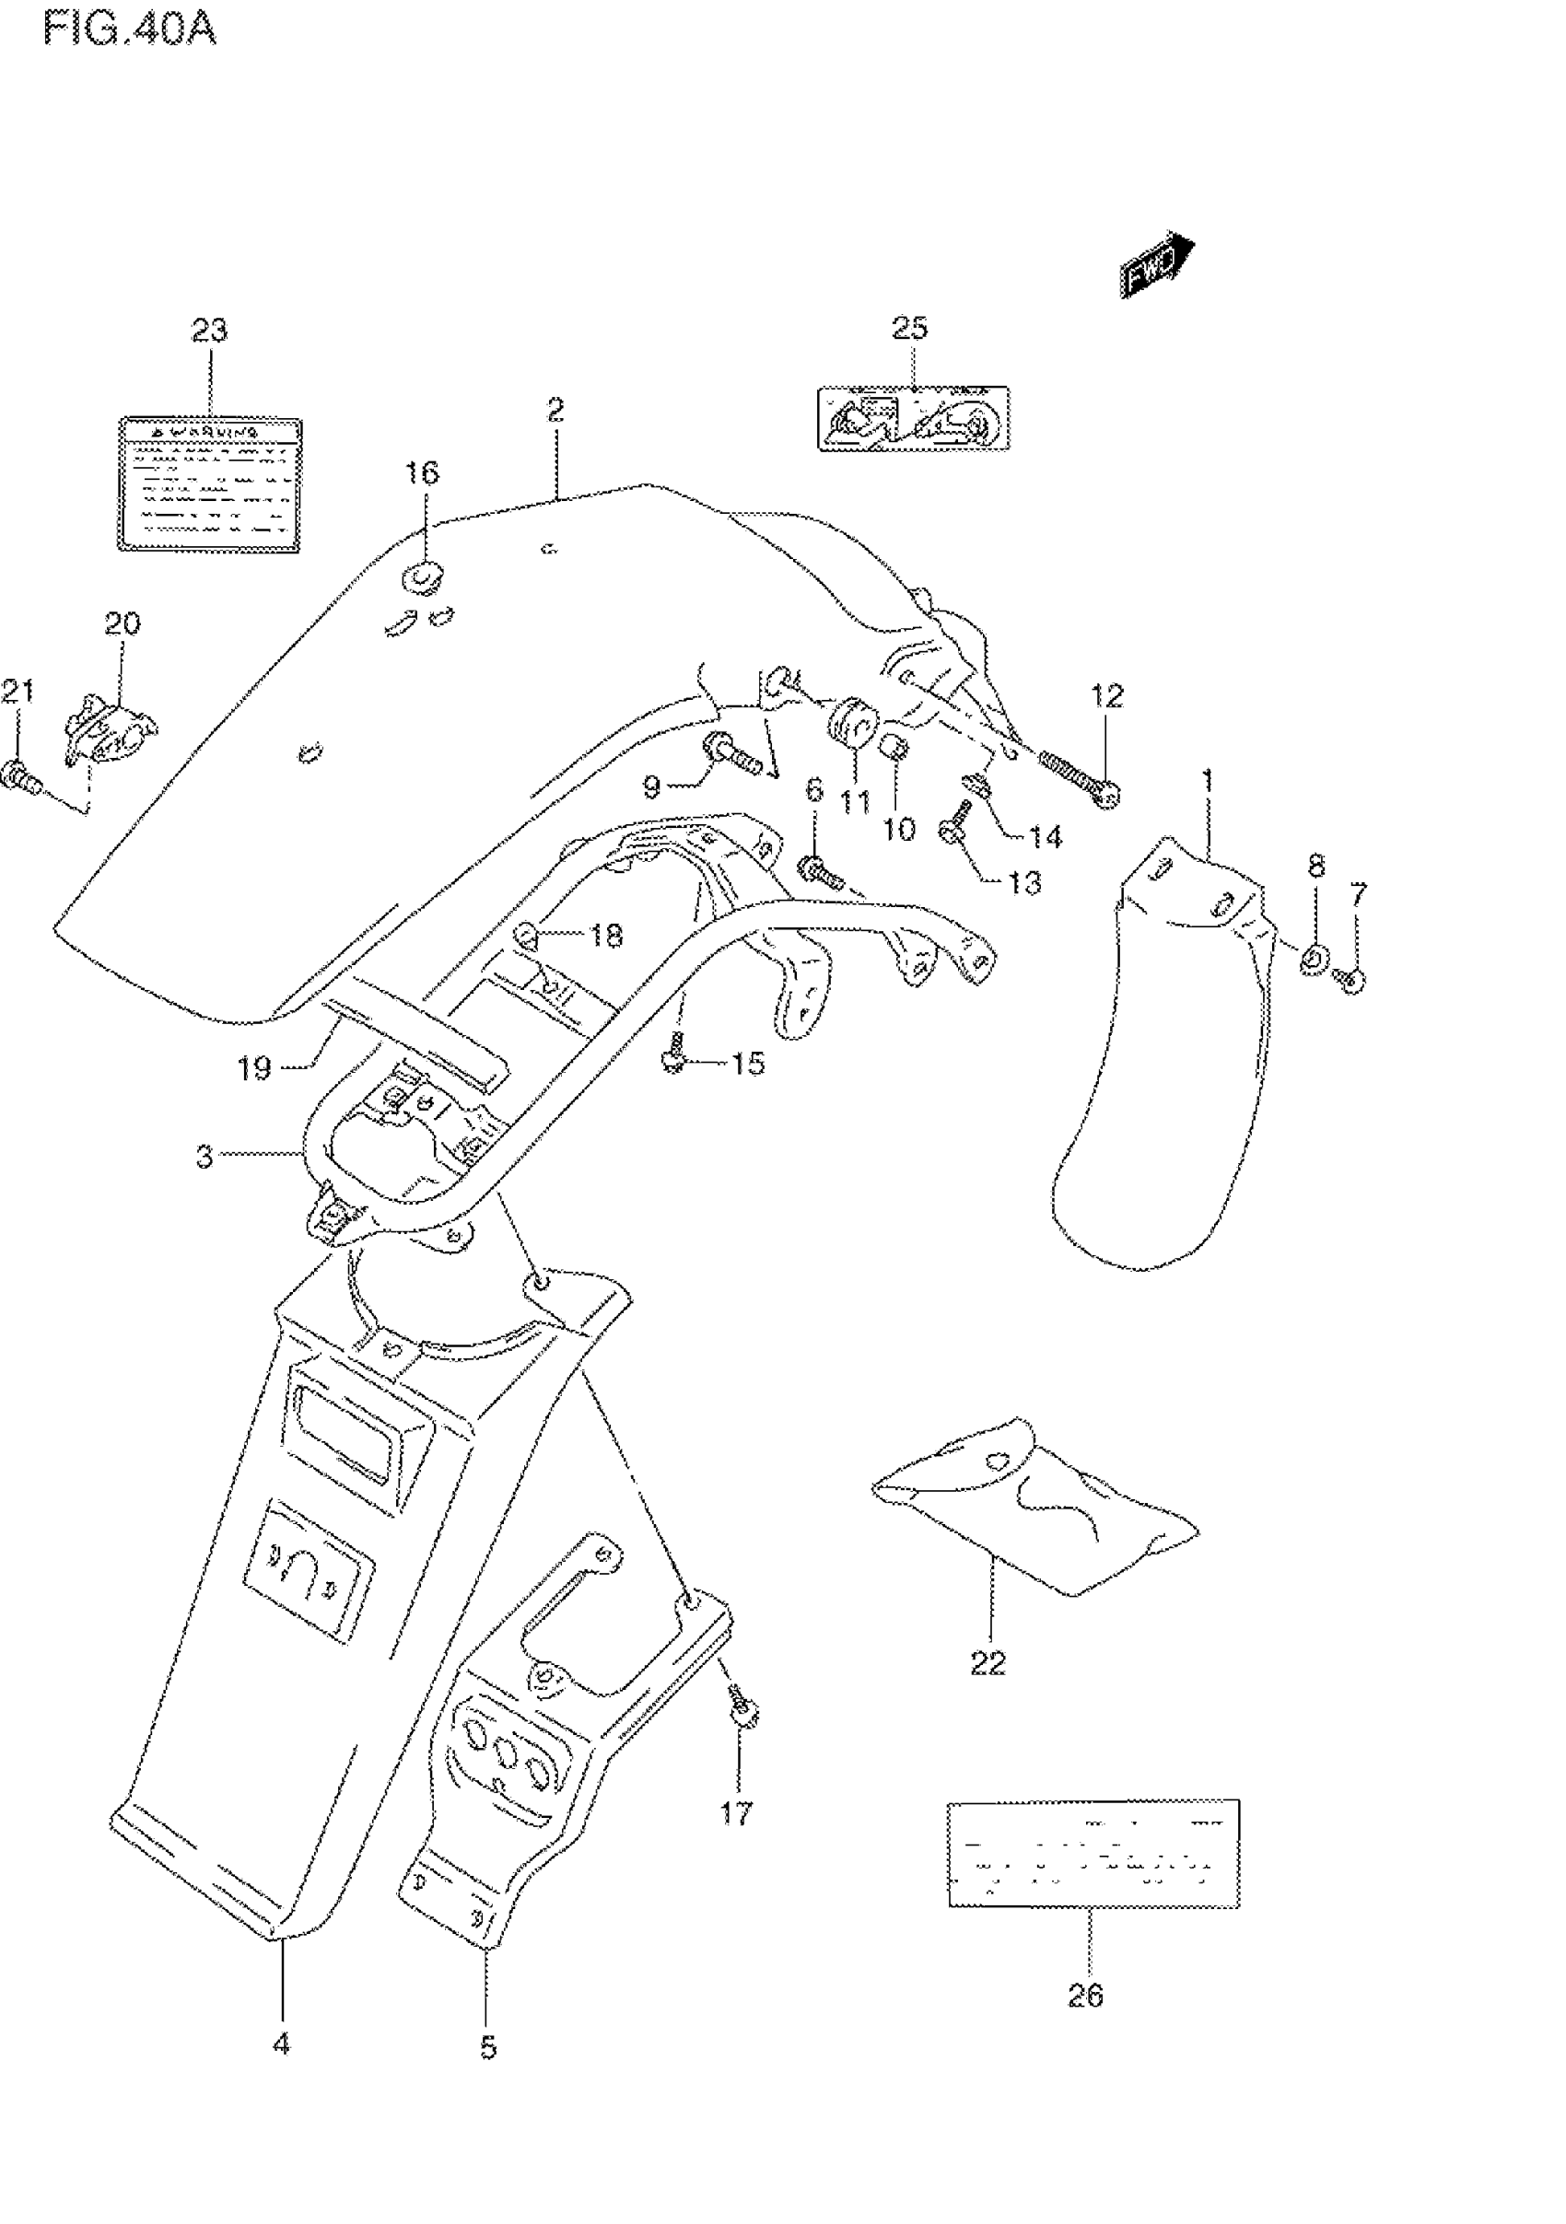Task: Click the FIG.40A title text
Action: point(129,29)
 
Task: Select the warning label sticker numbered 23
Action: point(209,484)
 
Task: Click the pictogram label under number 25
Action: point(913,418)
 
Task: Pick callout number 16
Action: point(422,472)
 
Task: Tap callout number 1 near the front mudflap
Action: point(1208,780)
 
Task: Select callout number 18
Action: point(607,935)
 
